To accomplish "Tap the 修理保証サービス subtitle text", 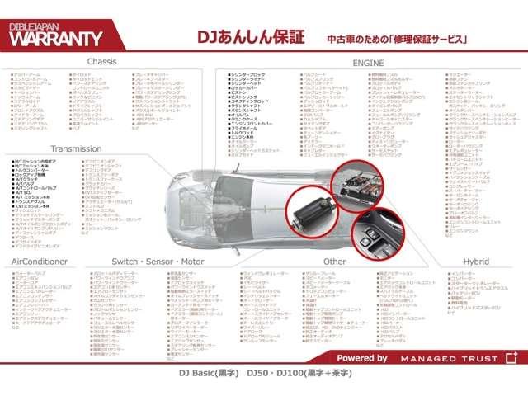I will [x=422, y=39].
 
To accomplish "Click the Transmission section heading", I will [x=76, y=148].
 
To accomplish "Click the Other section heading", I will [x=335, y=261].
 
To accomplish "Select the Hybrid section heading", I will [x=475, y=261].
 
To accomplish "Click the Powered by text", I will [x=362, y=358].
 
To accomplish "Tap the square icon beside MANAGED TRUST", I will [x=511, y=358].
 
